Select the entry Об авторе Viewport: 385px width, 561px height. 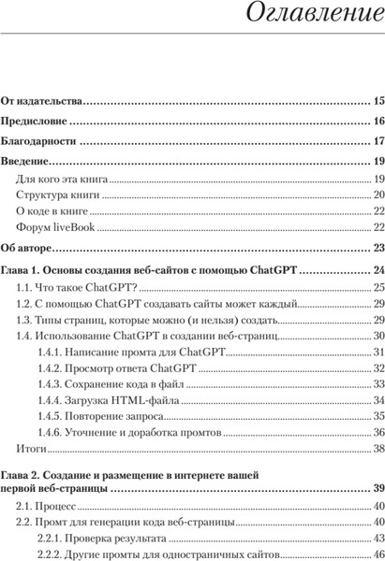27,248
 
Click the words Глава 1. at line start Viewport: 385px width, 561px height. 22,269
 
